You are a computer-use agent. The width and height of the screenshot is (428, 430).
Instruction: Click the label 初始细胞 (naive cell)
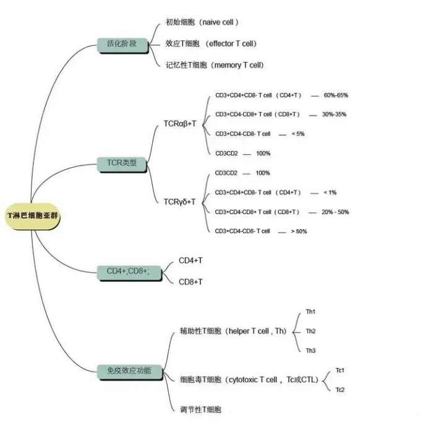[202, 22]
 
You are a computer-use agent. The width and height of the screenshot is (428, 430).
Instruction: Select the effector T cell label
[211, 44]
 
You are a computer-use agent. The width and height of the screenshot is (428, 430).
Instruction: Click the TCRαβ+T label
[180, 124]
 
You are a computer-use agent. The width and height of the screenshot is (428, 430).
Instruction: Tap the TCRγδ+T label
[180, 202]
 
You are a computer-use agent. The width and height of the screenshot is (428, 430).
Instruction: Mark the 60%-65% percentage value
[336, 95]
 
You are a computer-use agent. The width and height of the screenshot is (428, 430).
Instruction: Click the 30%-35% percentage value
[335, 115]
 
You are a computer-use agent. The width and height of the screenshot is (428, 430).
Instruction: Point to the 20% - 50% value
[335, 212]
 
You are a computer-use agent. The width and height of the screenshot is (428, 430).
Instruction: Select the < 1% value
[330, 193]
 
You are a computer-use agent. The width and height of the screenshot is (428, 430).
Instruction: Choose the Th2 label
[310, 331]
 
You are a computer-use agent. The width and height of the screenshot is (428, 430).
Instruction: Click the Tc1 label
[340, 371]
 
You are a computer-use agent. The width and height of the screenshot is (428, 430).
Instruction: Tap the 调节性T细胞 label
[200, 410]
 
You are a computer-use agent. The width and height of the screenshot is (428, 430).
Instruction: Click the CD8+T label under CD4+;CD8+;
[190, 282]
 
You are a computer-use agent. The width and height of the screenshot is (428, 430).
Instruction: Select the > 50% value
[299, 231]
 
